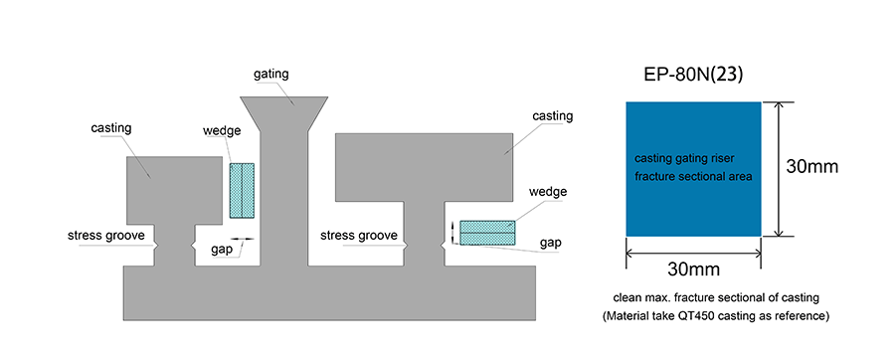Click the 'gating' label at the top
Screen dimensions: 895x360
(271, 75)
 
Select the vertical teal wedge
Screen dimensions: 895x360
(242, 191)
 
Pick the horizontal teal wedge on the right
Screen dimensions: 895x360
(487, 233)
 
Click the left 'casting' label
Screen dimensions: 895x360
(110, 128)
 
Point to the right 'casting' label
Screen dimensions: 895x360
(553, 116)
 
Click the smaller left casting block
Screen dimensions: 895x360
(174, 190)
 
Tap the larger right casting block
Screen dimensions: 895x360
(424, 167)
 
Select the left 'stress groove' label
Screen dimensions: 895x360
(106, 235)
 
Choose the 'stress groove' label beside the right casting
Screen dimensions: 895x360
(358, 235)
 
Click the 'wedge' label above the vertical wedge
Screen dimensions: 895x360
(222, 130)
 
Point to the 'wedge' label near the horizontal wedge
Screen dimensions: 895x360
(548, 191)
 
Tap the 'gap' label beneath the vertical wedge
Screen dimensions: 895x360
(222, 250)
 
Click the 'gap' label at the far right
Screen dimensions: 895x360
(550, 244)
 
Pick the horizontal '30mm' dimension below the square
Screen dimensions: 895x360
(693, 269)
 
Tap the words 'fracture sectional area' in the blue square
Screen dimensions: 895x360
(693, 177)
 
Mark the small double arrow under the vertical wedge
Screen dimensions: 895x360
(242, 238)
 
